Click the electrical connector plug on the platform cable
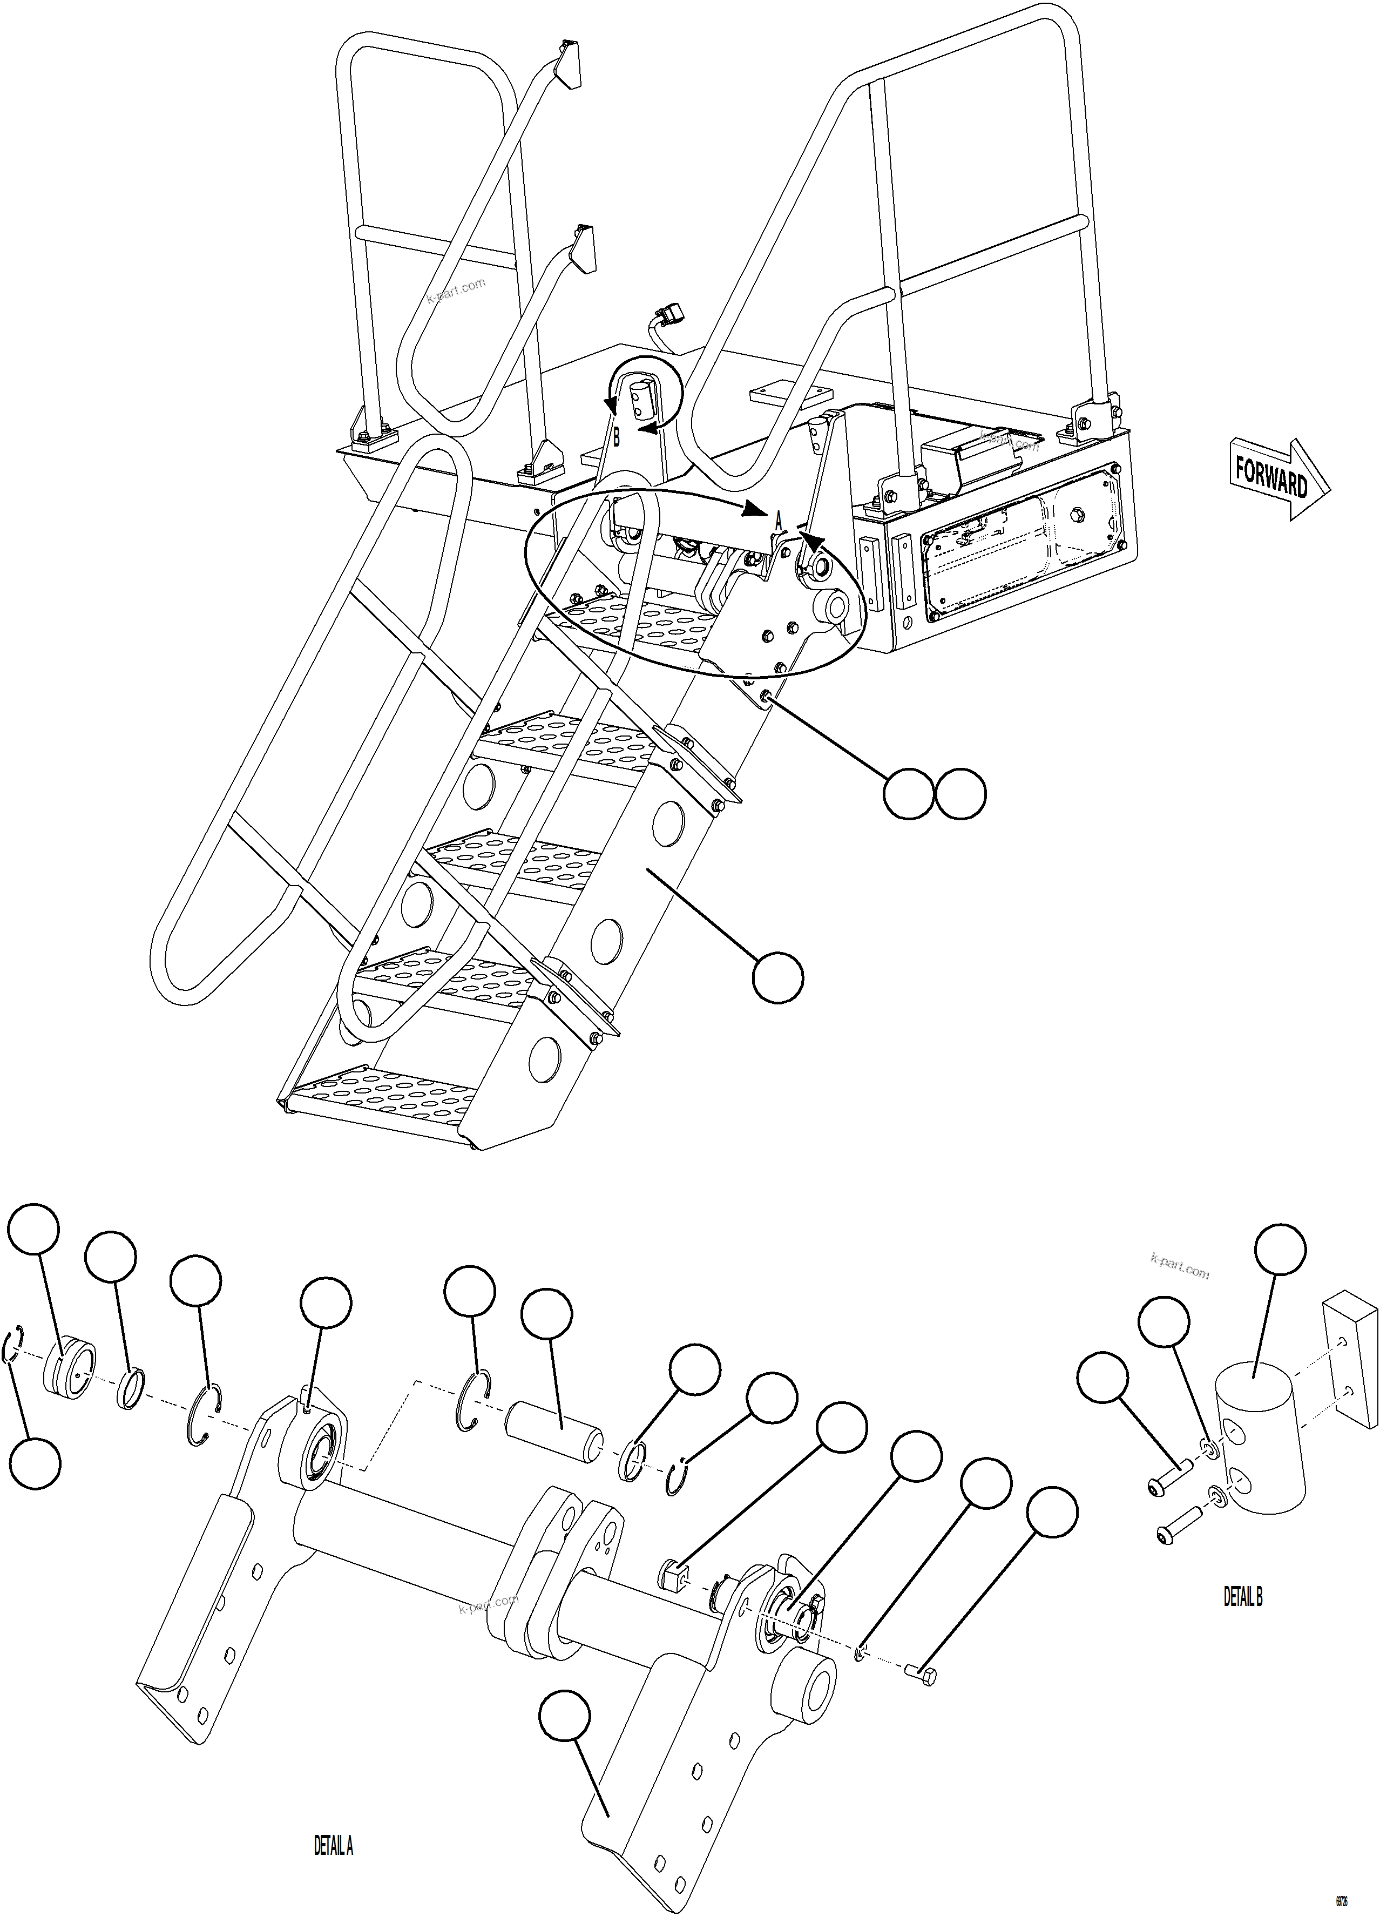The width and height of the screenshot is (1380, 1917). coord(669,317)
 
